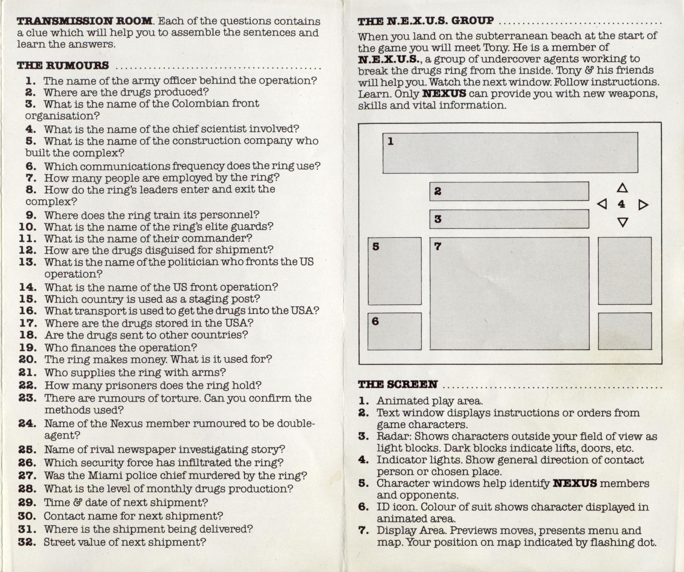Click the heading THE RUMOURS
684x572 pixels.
(x=63, y=65)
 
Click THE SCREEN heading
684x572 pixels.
(x=397, y=385)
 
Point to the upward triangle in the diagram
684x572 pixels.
(x=622, y=188)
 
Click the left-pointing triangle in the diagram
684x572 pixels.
(x=602, y=204)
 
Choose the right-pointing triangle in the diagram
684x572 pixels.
(x=643, y=205)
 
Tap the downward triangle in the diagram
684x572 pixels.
(x=622, y=222)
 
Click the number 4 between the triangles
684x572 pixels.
(x=621, y=204)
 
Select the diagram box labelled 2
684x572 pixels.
(x=509, y=192)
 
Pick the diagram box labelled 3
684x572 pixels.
(x=509, y=219)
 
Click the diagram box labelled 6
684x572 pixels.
(x=394, y=331)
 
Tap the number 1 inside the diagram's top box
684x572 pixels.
(x=391, y=141)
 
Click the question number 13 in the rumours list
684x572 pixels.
(x=28, y=262)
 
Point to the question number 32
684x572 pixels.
(x=27, y=542)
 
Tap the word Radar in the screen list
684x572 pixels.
(x=393, y=436)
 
